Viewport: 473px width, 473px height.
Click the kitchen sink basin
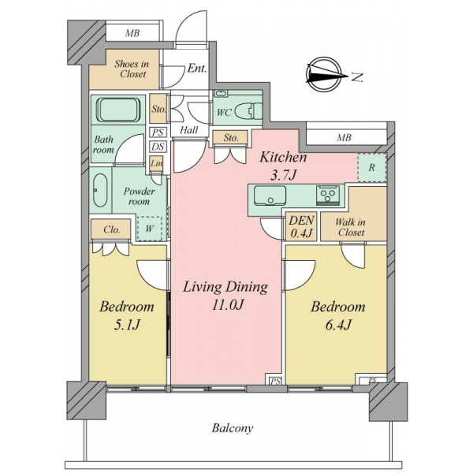pos(270,196)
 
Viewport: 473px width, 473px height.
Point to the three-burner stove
pos(327,195)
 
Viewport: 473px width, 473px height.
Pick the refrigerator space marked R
pos(371,168)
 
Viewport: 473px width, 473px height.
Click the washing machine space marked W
pos(150,229)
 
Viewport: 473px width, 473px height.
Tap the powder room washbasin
pos(100,190)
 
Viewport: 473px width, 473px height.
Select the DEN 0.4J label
pos(301,226)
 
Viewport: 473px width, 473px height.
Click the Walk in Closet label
pos(351,228)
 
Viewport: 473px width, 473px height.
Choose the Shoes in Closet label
pos(132,69)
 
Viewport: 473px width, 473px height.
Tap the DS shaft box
pos(158,147)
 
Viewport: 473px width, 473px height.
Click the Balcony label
pos(233,428)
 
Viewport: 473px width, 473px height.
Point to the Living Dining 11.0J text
pos(225,296)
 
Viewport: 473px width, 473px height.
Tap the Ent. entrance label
pos(197,68)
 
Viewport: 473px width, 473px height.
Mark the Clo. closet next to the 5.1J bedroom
pos(111,230)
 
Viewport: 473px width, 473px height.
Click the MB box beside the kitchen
pos(345,138)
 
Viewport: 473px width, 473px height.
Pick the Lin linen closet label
pos(157,163)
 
